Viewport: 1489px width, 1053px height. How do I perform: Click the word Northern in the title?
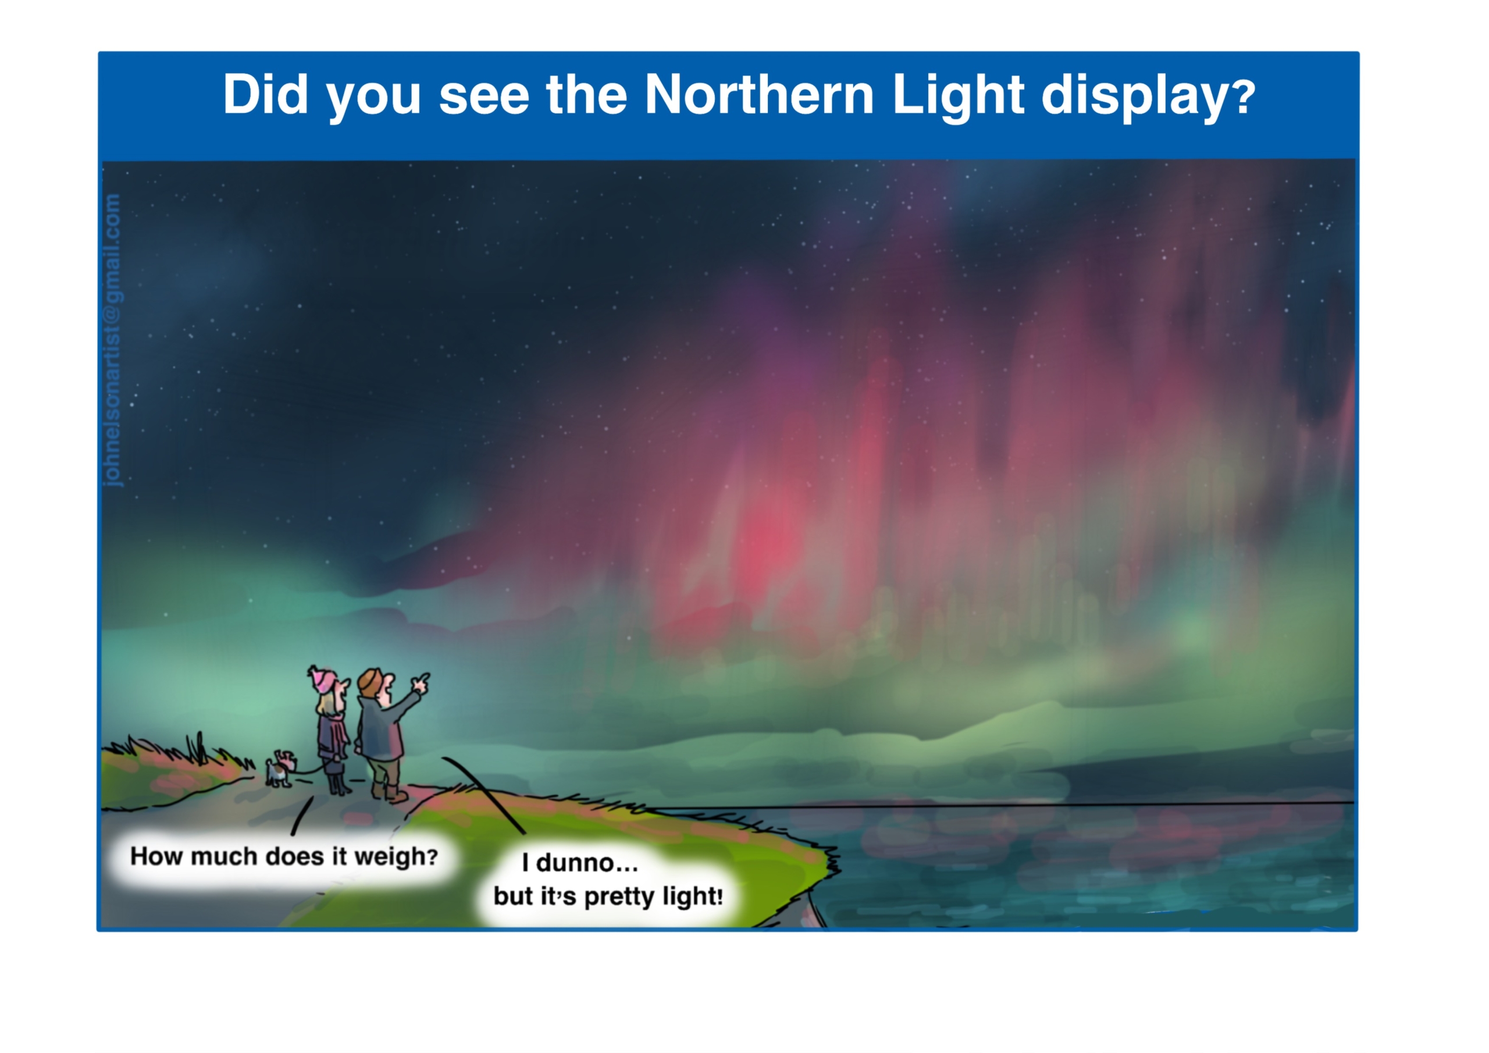click(760, 95)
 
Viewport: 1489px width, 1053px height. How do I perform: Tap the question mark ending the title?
click(1245, 97)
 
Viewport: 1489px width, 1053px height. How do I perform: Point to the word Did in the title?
click(265, 95)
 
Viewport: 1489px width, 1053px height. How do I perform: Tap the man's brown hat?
click(371, 681)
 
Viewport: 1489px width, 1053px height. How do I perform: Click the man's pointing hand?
click(421, 682)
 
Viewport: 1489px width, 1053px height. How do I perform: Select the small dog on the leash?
click(280, 769)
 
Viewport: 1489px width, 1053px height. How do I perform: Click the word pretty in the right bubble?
click(619, 898)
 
